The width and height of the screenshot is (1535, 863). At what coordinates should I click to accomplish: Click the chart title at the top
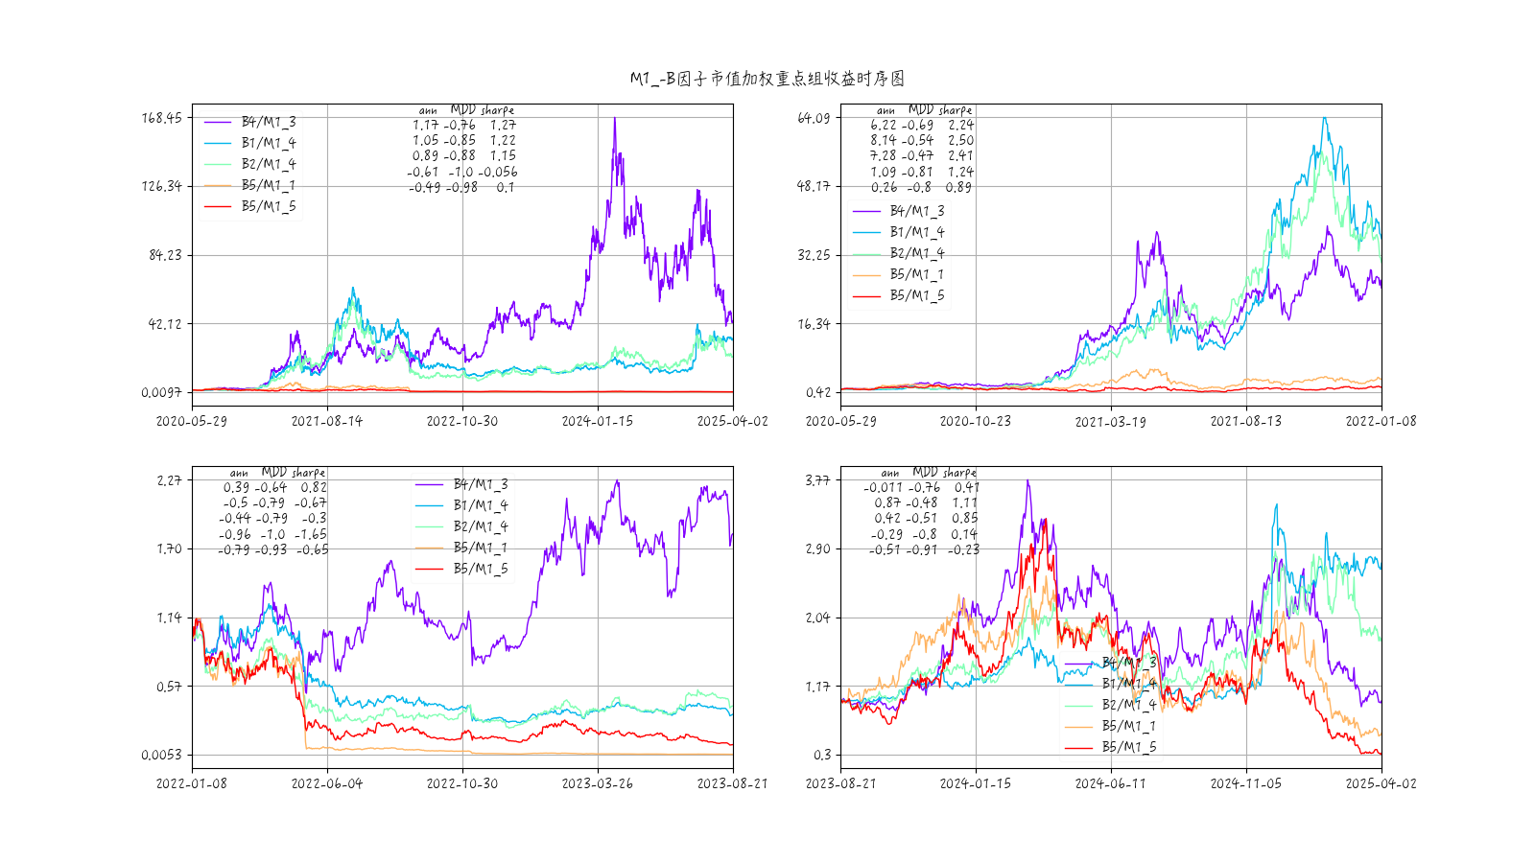(767, 79)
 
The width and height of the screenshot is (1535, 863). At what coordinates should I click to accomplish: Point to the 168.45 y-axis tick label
(161, 118)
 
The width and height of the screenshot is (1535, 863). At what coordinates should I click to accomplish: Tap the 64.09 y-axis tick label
(813, 118)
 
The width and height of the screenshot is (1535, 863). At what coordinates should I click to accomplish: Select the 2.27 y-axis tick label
(169, 480)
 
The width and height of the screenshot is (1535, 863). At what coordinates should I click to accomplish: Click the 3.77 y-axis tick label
(817, 480)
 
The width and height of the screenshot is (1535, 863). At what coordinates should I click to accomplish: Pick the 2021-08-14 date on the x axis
(327, 421)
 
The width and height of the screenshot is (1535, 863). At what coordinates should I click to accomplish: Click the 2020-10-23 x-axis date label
(976, 421)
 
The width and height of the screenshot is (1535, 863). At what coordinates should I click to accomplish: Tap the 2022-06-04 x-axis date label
(327, 783)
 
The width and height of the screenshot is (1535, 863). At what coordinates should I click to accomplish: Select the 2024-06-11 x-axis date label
(1111, 783)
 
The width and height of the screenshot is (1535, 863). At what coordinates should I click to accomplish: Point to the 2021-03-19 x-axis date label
(1111, 421)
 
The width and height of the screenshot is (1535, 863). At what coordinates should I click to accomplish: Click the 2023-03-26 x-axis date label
(598, 783)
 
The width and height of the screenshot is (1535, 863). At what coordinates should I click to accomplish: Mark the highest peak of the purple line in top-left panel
(615, 118)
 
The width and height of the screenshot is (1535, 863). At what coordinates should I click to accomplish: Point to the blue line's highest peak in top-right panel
(1325, 118)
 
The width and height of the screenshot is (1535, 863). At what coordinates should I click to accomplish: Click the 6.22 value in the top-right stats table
(884, 125)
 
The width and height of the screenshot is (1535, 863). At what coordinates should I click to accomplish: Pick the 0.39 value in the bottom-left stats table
(236, 487)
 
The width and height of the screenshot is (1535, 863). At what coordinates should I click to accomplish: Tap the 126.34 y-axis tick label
(161, 186)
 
